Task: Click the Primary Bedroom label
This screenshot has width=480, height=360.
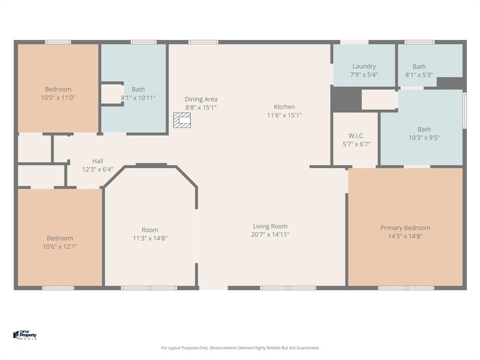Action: coord(405,228)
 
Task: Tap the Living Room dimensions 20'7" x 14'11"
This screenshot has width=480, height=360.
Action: coord(270,234)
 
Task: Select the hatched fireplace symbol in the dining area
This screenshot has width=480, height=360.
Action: coord(182,120)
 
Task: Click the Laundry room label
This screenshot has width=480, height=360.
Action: coord(364,67)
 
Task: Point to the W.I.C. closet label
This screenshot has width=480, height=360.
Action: coord(356,136)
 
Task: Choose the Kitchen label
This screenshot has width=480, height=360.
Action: coord(284,107)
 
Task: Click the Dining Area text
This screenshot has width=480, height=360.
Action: coord(201,99)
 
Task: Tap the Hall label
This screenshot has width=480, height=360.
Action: coord(97,161)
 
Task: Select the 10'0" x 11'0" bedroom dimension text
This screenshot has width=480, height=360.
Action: coord(58,97)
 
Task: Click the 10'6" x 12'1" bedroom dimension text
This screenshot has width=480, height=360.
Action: coord(60,246)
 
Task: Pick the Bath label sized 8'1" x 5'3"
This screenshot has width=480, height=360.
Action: coord(419,67)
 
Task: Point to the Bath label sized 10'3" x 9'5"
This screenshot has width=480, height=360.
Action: coord(424,129)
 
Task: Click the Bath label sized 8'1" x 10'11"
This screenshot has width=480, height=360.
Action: coord(138,90)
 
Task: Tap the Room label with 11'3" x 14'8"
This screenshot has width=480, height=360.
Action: coord(150,230)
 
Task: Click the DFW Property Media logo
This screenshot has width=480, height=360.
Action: coord(25,335)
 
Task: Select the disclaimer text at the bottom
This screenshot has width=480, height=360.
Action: coord(240,348)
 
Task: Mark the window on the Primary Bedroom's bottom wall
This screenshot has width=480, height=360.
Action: coord(406,288)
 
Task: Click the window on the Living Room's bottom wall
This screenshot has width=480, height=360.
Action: coord(288,288)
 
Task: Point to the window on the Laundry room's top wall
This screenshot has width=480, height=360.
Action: coord(354,42)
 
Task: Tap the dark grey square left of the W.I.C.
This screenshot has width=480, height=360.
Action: coord(346,99)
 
